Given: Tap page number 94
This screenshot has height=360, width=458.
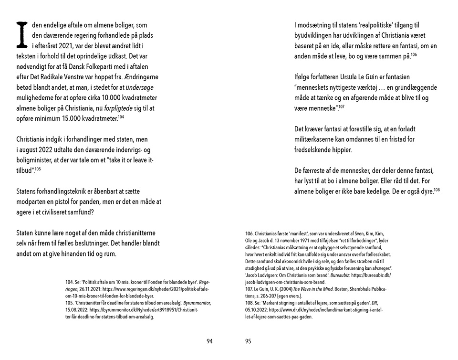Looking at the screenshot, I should coord(209,341).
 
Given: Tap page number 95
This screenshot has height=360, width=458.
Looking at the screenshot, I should coord(248,341).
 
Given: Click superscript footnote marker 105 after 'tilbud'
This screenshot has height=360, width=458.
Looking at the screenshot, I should coord(38,168).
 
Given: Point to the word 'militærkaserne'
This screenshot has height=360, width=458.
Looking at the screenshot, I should coord(317,139).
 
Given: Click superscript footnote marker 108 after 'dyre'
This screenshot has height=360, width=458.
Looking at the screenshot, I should coord(437,190).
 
